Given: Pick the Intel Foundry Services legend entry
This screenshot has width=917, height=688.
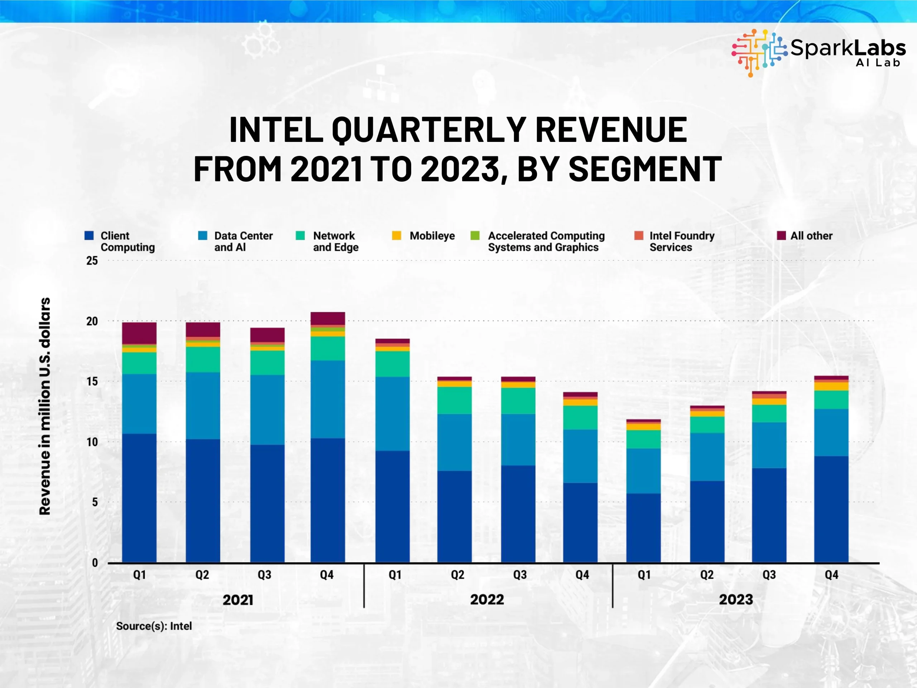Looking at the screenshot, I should (674, 242).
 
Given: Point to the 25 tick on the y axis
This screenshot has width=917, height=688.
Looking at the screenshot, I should (92, 261).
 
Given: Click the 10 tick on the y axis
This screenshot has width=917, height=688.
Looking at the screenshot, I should (92, 442).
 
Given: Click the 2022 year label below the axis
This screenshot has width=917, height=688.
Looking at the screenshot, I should (487, 599).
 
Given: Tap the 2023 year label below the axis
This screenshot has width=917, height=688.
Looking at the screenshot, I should (736, 599).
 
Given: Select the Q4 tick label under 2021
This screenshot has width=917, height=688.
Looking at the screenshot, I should (327, 575).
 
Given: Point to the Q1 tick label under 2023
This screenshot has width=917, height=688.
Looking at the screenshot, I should (644, 575).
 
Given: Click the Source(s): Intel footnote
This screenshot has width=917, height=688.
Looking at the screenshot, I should (154, 626).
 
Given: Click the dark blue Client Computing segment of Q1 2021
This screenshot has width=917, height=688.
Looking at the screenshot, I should (139, 498).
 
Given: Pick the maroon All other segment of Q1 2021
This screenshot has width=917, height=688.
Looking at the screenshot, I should (139, 333).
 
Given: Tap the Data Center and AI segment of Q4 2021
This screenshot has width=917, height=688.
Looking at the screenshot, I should (327, 399).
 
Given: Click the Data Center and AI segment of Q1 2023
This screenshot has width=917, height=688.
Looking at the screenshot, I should (643, 471).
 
